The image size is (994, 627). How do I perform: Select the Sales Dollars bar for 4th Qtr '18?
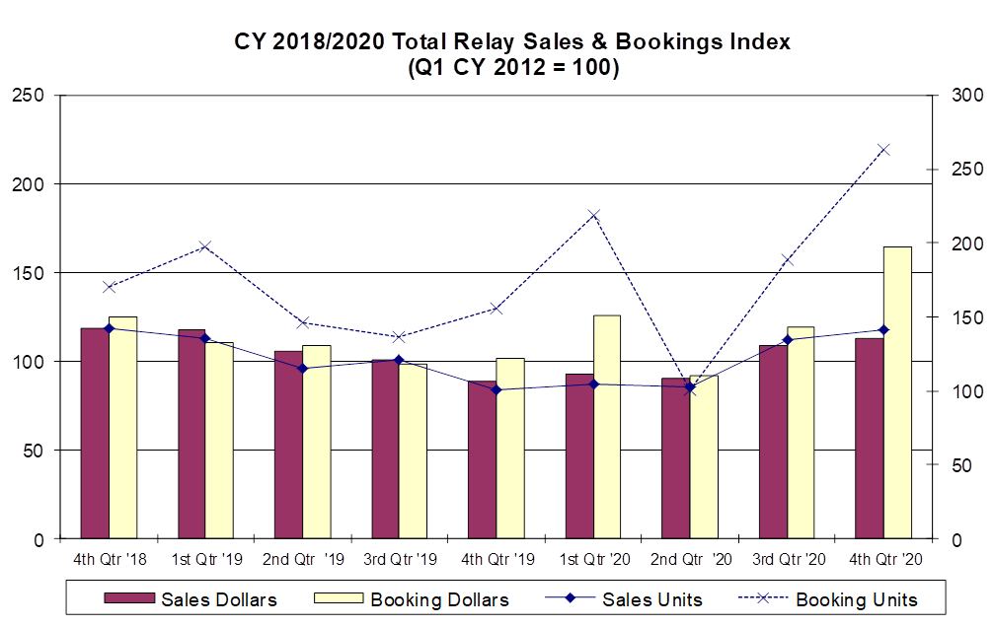(x=95, y=433)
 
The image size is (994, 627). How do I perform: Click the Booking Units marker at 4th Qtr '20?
(x=884, y=150)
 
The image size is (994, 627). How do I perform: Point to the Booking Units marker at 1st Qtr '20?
(x=594, y=215)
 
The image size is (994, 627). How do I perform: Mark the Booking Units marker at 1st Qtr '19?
(x=205, y=246)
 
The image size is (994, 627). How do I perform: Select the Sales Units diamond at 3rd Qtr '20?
(x=788, y=340)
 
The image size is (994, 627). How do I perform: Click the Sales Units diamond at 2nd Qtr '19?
(x=303, y=369)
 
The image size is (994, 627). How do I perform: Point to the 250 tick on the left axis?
(x=27, y=96)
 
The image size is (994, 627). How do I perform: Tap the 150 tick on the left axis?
(x=27, y=273)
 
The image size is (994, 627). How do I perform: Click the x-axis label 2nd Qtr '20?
(x=692, y=559)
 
